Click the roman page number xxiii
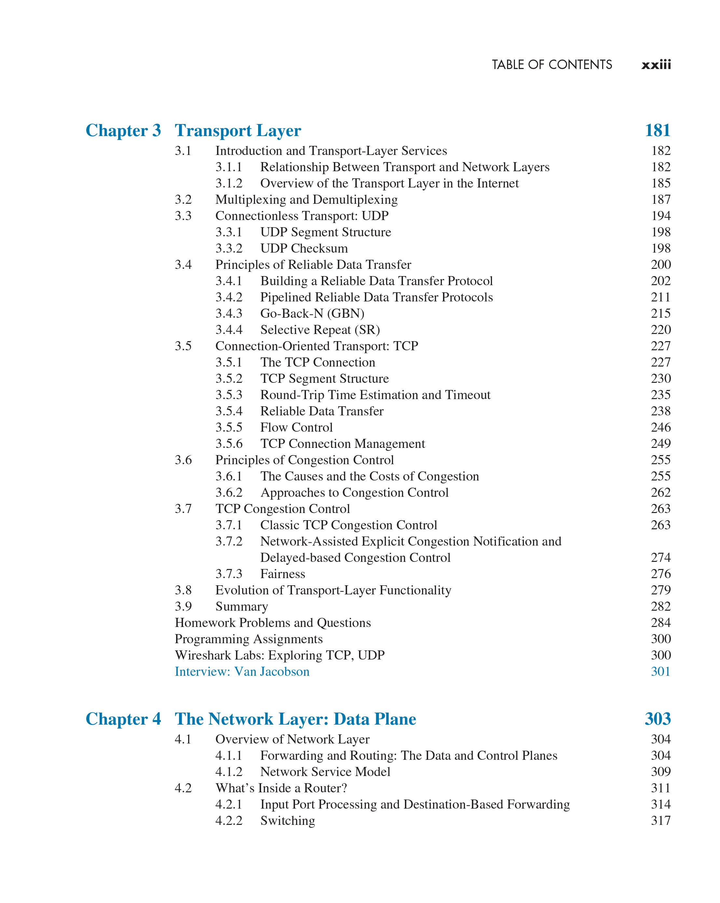[x=656, y=64]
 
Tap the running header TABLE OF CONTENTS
[x=552, y=64]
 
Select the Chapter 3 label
[x=123, y=130]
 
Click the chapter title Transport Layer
[x=238, y=130]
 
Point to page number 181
[x=657, y=130]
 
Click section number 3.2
[x=183, y=199]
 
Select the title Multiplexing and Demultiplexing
[x=306, y=199]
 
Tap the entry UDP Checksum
[x=304, y=248]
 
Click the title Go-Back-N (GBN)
[x=312, y=313]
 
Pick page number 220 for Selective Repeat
[x=660, y=330]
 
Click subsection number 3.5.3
[x=229, y=395]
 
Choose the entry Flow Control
[x=296, y=427]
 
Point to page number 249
[x=660, y=444]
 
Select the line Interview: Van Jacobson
[x=242, y=671]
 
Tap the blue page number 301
[x=660, y=671]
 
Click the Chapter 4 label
[x=123, y=719]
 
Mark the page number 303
[x=657, y=719]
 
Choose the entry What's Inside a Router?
[x=281, y=788]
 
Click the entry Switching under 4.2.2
[x=287, y=821]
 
